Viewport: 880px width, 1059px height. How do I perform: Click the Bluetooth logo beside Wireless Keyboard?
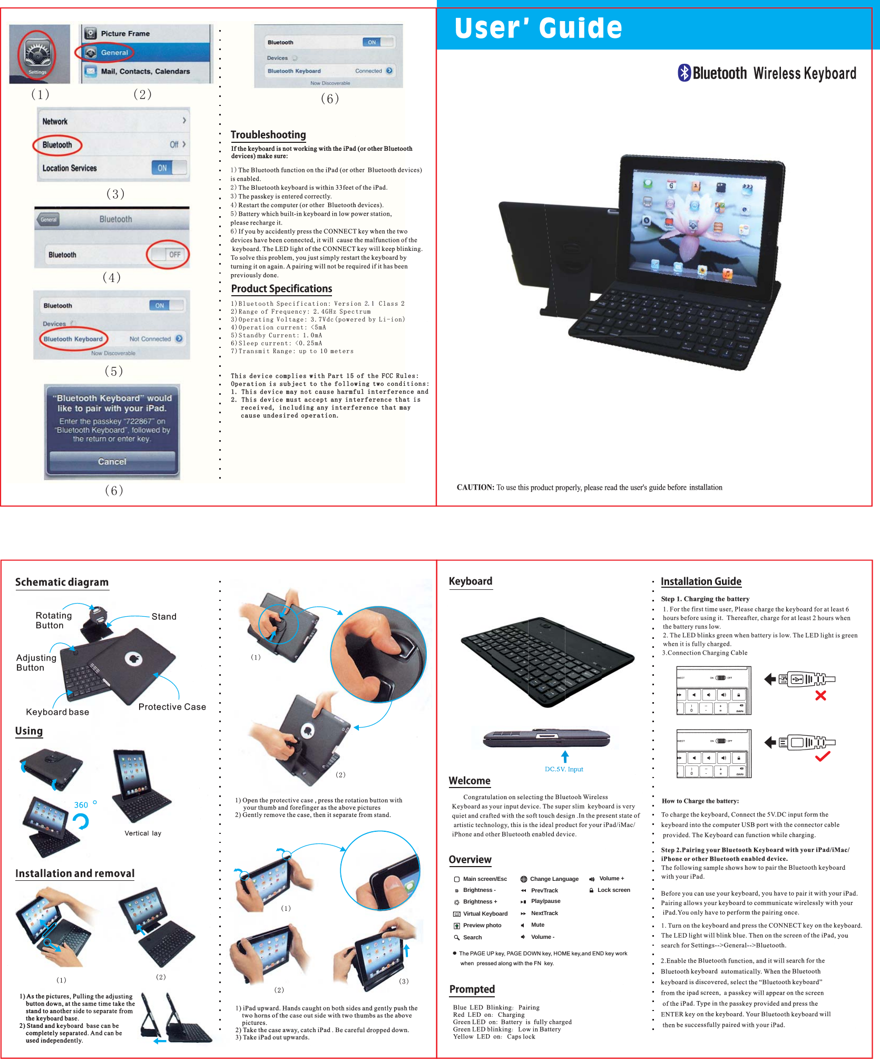tap(684, 73)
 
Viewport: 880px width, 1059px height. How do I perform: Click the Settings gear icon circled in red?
tap(37, 53)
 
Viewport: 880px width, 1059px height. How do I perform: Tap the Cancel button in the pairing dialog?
tap(112, 461)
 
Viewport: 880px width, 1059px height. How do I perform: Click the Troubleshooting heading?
tap(268, 135)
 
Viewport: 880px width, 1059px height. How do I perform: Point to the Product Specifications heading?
tap(281, 289)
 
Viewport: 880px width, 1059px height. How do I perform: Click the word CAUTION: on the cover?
tap(475, 488)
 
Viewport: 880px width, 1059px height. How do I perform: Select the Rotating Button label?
tap(53, 620)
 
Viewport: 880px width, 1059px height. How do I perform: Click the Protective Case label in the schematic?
tap(172, 707)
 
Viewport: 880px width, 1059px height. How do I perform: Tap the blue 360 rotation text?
tap(81, 805)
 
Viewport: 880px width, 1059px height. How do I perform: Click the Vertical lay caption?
tap(142, 833)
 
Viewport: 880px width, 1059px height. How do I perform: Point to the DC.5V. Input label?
tap(564, 769)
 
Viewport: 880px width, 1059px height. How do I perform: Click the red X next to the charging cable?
tap(820, 696)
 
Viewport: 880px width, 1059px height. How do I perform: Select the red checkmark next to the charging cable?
tap(823, 756)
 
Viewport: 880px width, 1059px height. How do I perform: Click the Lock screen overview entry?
tap(613, 890)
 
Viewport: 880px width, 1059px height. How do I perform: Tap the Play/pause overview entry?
tap(545, 901)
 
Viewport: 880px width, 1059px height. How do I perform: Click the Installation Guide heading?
tap(700, 581)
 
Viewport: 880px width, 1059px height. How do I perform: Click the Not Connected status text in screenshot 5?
tap(150, 339)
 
